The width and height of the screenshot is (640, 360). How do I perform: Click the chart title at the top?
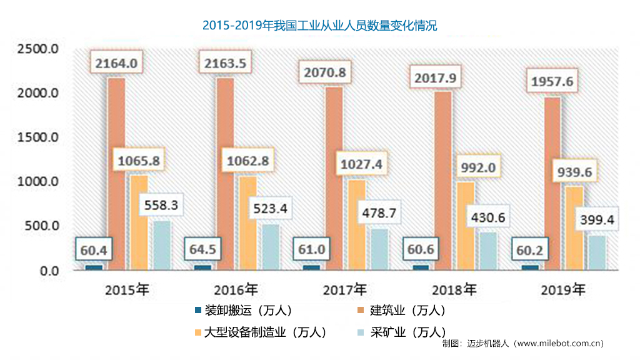[319, 26]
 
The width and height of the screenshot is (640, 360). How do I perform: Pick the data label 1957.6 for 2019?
[552, 82]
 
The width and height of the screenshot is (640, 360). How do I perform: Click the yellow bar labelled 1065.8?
[139, 222]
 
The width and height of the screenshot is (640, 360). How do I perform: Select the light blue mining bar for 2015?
[161, 246]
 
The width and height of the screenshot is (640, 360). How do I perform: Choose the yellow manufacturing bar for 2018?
[466, 226]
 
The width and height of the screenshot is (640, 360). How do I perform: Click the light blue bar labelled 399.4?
[597, 252]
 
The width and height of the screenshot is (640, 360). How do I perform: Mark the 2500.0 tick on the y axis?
[38, 49]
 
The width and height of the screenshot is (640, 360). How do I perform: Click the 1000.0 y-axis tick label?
[38, 182]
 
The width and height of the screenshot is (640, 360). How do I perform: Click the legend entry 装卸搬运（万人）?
[244, 311]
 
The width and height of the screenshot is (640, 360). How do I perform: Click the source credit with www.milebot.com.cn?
[522, 343]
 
